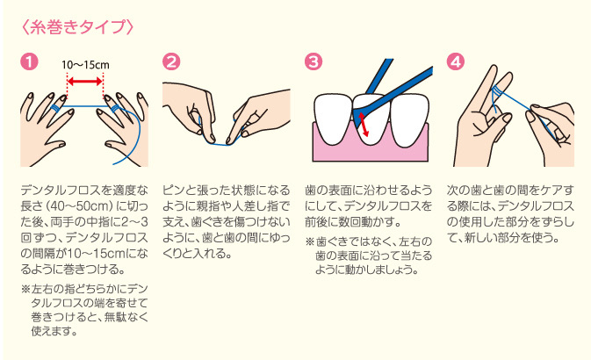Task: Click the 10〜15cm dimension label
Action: [85, 65]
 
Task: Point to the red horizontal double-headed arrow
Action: [86, 82]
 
